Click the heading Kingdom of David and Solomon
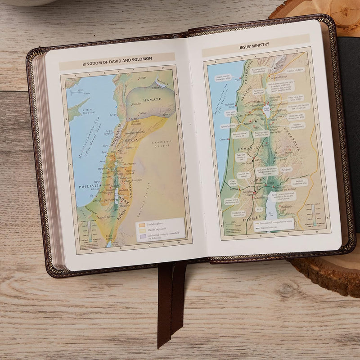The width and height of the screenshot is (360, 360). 117,59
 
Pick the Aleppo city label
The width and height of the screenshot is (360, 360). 143,77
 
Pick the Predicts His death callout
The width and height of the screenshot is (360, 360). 295,70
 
